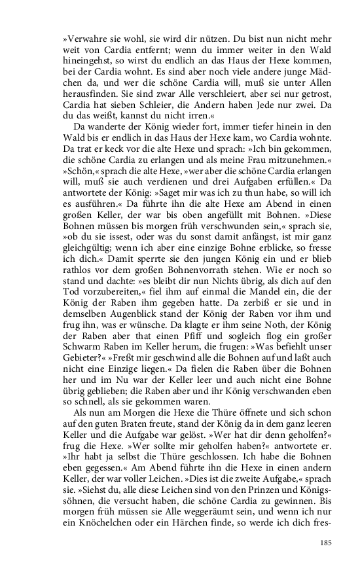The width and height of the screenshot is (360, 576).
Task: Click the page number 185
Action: (329, 542)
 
